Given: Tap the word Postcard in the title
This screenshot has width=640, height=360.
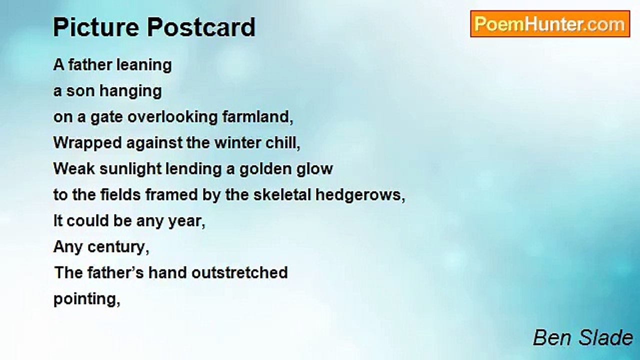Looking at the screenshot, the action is pos(201,27).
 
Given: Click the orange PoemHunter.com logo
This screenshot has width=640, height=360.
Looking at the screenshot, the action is pos(550,24).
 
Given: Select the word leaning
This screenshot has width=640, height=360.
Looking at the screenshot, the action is pos(144,65).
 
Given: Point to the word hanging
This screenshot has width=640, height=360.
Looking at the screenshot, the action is pos(130,91).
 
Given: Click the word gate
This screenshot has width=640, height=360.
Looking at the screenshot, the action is pos(106,117).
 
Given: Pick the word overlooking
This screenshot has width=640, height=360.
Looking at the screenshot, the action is pos(172,117).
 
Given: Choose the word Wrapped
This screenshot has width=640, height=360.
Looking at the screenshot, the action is pos(87,143).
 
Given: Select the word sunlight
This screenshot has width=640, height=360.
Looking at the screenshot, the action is pos(130,169).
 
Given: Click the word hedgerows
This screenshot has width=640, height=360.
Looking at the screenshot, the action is pos(360,195).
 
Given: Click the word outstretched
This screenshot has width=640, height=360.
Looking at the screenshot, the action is pos(239,272).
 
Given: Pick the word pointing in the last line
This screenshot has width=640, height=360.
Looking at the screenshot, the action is pos(87,299).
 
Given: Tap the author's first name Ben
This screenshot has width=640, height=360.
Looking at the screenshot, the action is pos(553,337).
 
